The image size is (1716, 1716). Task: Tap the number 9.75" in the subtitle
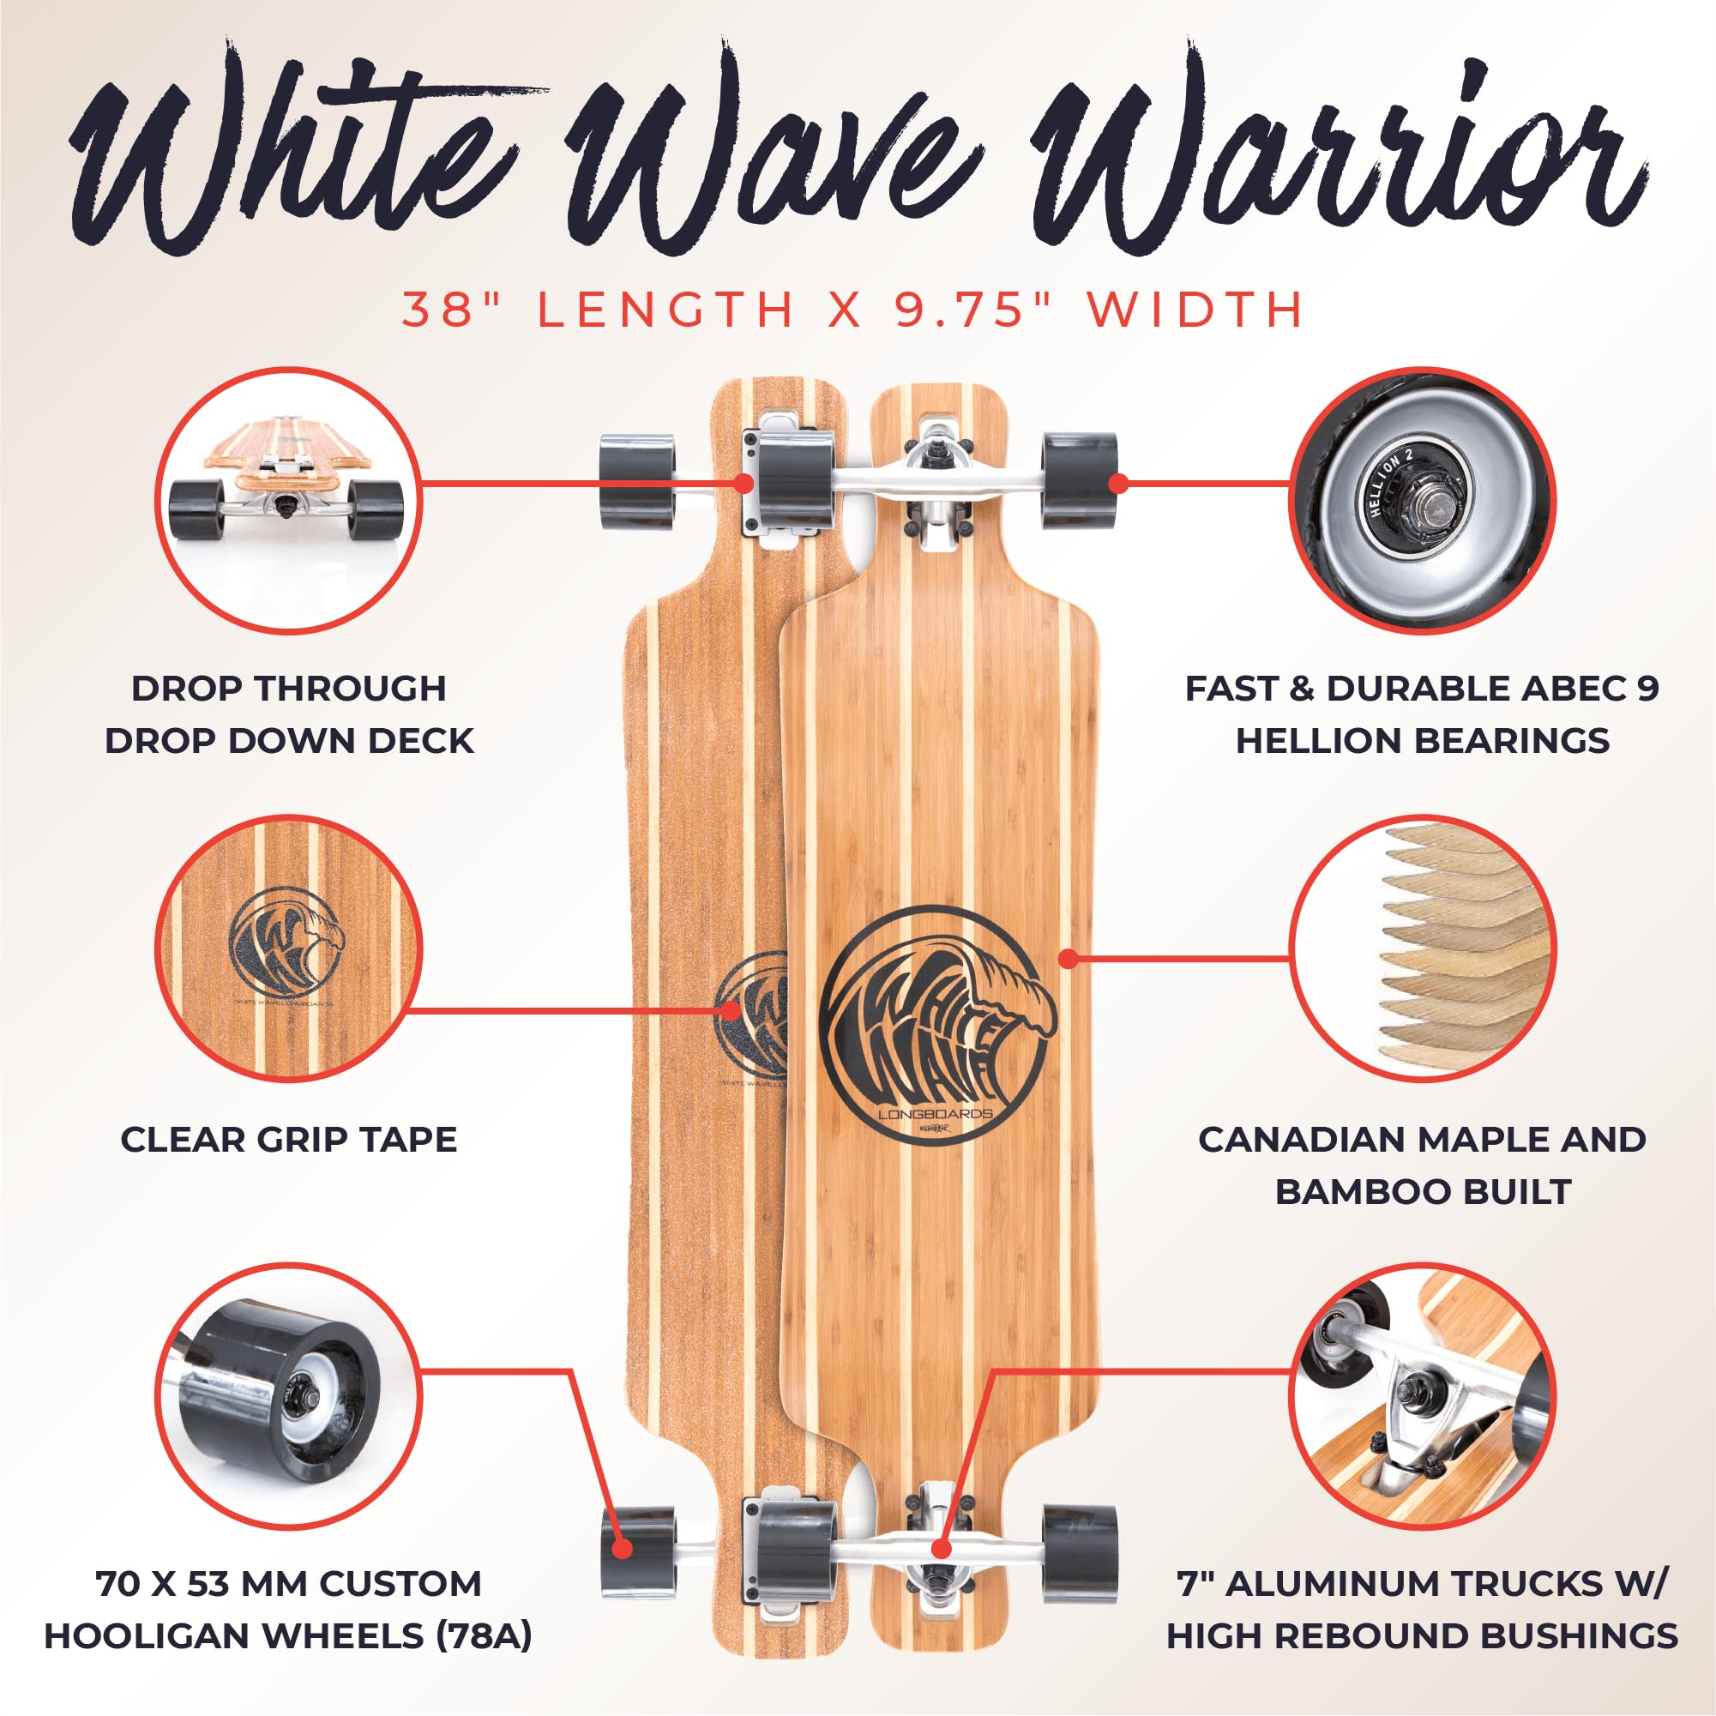(x=973, y=310)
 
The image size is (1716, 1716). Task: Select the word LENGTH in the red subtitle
(x=665, y=310)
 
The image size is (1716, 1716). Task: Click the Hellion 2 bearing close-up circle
(x=1422, y=500)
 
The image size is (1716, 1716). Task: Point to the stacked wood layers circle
(x=1422, y=948)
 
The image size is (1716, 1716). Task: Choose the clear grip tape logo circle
(x=289, y=948)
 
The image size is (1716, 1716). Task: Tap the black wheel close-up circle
(x=289, y=1395)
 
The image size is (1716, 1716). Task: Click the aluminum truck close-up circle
(x=1422, y=1395)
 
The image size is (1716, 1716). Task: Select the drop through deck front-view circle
(x=289, y=500)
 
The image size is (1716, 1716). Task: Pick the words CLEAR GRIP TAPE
(x=289, y=1140)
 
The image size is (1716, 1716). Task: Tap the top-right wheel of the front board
(x=1079, y=481)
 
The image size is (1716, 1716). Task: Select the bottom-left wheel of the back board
(x=638, y=1551)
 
